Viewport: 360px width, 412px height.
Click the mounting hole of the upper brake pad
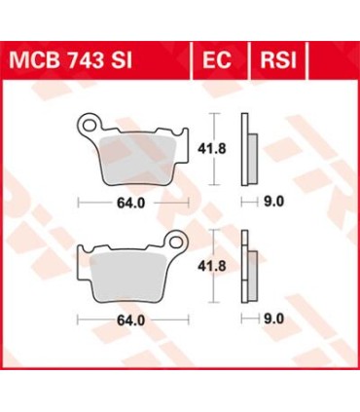pos(89,124)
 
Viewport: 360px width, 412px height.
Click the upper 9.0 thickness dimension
pos(273,206)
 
